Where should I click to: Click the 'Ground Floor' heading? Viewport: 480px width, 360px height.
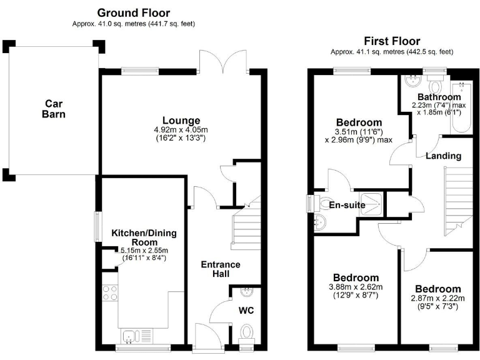point(134,12)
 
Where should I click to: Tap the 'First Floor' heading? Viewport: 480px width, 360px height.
point(392,41)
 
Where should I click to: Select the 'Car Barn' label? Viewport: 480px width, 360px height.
point(54,109)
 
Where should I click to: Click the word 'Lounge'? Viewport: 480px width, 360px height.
point(181,120)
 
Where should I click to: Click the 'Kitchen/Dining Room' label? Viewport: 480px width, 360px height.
point(144,237)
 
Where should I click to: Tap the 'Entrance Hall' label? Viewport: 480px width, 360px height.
point(220,269)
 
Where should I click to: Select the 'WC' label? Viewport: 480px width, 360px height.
point(246,310)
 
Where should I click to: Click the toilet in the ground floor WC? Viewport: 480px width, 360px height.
point(246,332)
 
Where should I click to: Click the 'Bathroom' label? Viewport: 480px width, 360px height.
point(439,97)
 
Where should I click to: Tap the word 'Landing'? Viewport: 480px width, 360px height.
point(444,156)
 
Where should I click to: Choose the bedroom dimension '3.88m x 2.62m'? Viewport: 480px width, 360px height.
point(355,287)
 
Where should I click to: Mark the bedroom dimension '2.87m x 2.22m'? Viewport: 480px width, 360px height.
point(438,298)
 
